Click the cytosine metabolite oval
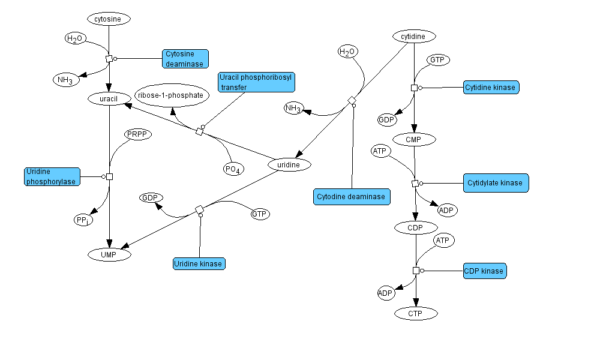109,19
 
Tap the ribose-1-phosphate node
172,95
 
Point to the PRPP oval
137,134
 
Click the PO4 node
233,169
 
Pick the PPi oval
83,220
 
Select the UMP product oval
109,255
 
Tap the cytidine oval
413,37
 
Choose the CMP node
414,140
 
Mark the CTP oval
416,313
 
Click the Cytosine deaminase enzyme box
185,59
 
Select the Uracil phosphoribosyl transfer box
257,82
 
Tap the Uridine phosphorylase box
52,177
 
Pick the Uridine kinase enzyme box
199,263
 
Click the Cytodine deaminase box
352,197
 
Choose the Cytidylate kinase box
496,183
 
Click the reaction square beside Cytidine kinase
414,88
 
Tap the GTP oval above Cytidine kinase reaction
438,60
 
